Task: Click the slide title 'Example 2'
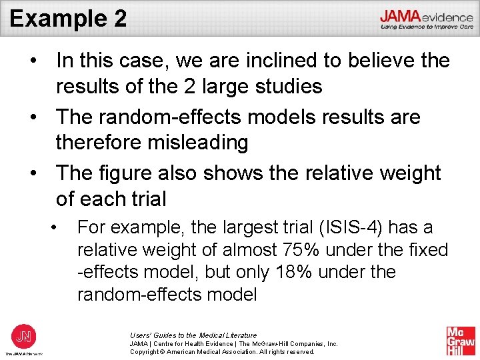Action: (68, 17)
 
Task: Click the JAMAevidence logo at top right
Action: (427, 19)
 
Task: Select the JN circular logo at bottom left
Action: (23, 335)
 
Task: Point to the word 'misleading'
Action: (201, 142)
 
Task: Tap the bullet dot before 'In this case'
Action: (33, 61)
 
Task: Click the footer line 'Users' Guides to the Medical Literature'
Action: (193, 335)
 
